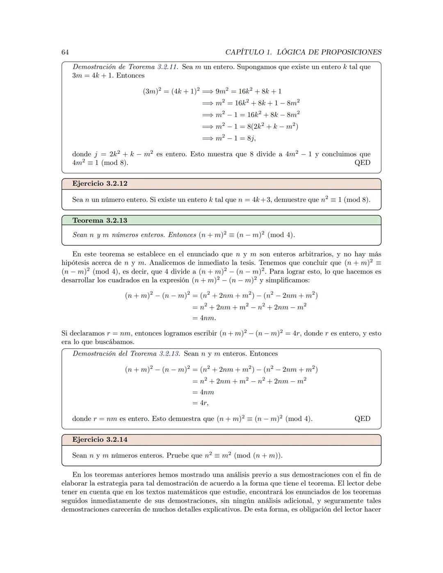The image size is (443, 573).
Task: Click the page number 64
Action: [65, 52]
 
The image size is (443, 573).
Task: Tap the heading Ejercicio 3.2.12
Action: [100, 184]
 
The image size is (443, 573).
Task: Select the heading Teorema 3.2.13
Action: [100, 221]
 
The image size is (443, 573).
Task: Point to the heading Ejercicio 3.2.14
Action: [100, 440]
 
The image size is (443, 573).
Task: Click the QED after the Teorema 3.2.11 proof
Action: [362, 163]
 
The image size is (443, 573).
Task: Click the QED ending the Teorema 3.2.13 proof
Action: [362, 419]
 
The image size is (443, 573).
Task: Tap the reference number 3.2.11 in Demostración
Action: [168, 67]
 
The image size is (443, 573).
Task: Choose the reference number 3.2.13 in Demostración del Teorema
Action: [169, 354]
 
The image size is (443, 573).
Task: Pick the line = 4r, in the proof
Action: [200, 403]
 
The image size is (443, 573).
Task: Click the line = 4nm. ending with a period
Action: [204, 318]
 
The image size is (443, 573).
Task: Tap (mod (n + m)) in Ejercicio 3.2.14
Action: [258, 456]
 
